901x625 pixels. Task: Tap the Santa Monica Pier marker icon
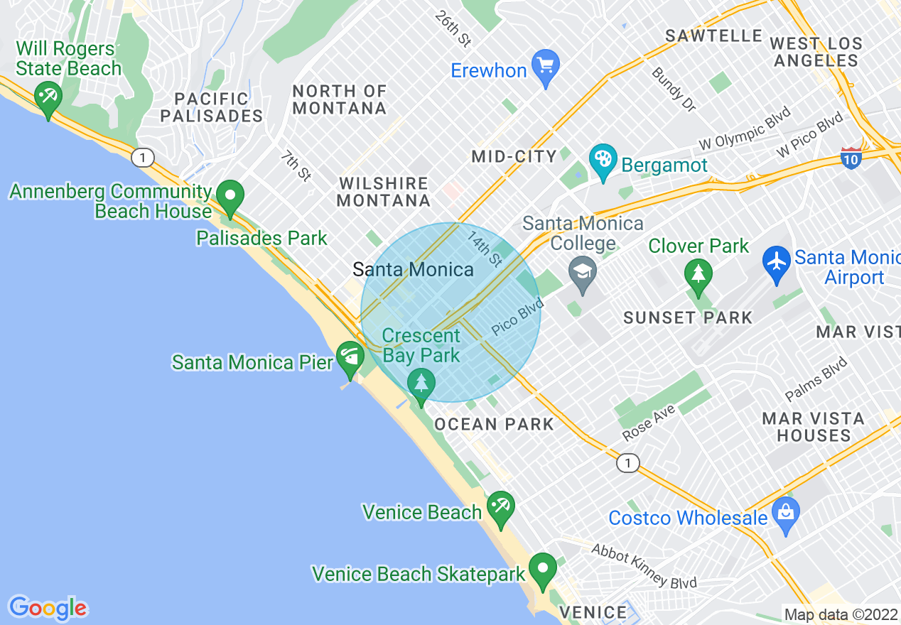[x=350, y=359]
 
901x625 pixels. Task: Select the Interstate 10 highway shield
[x=851, y=158]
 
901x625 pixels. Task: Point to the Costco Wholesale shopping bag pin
[x=785, y=515]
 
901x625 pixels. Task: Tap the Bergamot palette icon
[x=603, y=162]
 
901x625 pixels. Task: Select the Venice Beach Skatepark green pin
[x=543, y=570]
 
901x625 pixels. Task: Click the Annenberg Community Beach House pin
[x=230, y=197]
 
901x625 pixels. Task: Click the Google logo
[x=48, y=608]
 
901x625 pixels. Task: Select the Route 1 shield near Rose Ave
[x=626, y=463]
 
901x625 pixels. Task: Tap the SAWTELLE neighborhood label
[x=713, y=36]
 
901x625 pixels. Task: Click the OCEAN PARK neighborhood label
[x=494, y=425]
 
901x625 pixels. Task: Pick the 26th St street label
[x=454, y=29]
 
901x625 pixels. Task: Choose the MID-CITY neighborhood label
[x=514, y=157]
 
